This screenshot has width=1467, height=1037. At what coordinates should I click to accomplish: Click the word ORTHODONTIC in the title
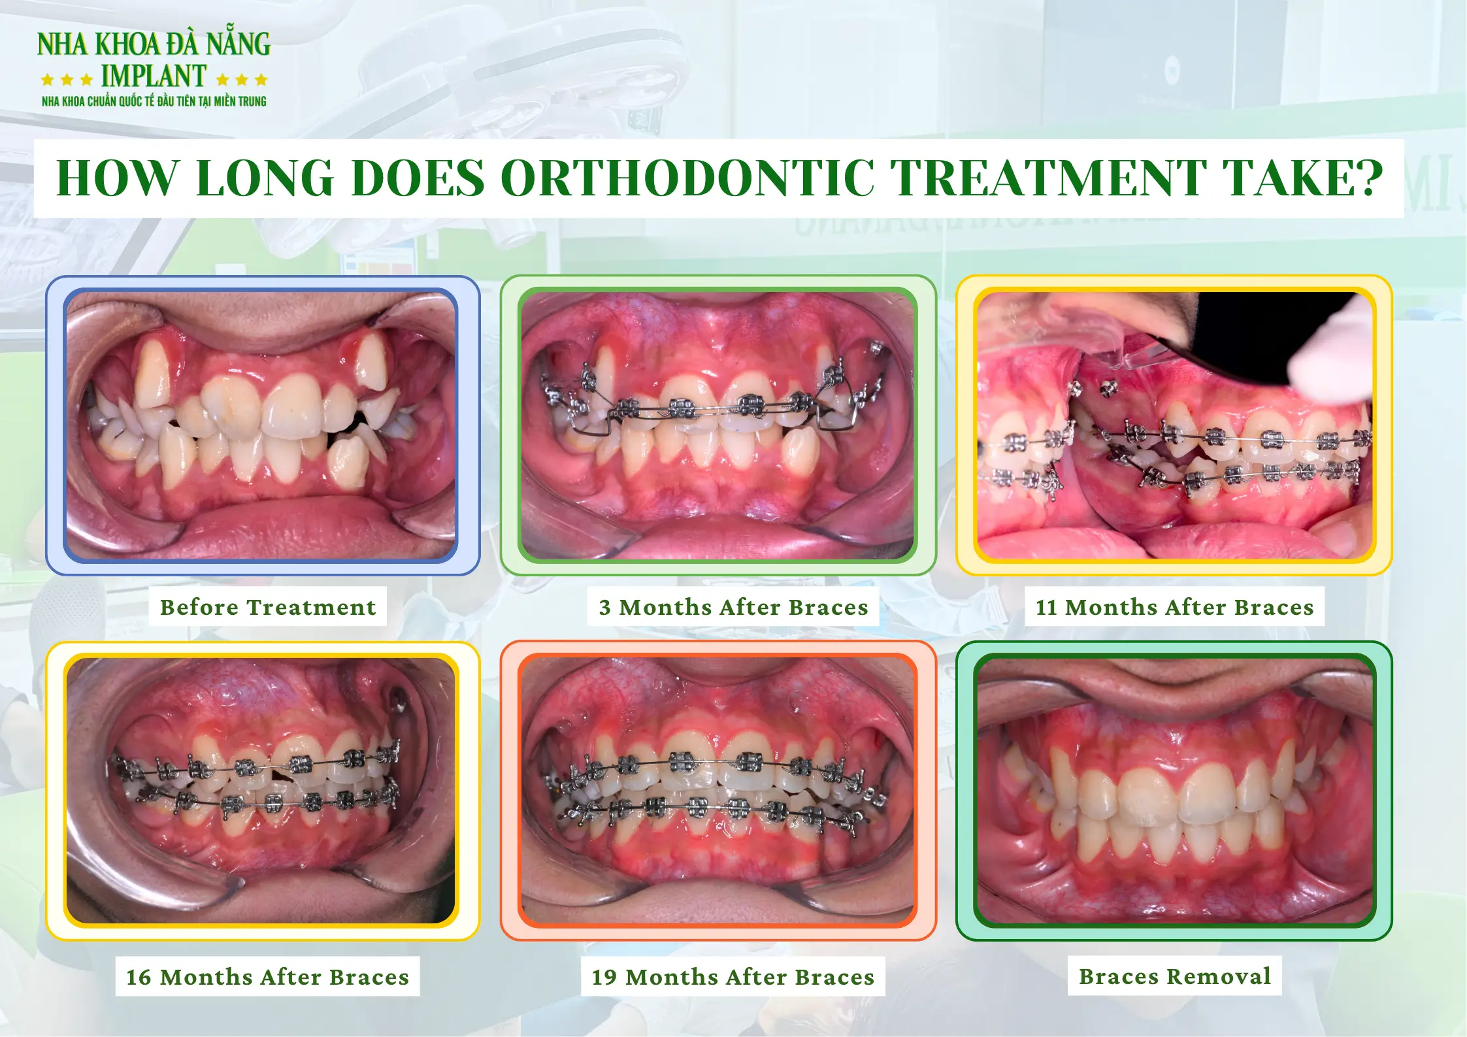(688, 178)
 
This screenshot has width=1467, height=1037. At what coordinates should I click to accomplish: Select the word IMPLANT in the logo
(154, 76)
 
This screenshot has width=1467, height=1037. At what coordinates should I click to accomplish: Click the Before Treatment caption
(268, 607)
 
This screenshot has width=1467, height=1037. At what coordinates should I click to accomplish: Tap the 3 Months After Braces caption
(733, 607)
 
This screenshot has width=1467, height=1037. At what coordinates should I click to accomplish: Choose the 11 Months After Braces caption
(1174, 607)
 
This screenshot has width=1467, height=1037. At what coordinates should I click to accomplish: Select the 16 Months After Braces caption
(267, 977)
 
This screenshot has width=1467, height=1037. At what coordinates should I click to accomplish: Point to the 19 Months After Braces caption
(733, 977)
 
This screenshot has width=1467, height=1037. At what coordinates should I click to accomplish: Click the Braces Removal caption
(1174, 976)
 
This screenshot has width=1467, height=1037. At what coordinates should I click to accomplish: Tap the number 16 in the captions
(139, 977)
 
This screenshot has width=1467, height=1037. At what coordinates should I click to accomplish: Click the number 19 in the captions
(604, 977)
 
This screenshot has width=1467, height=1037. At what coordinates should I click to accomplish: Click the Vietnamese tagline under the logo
(154, 101)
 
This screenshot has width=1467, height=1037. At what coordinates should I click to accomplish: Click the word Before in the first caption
(199, 607)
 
